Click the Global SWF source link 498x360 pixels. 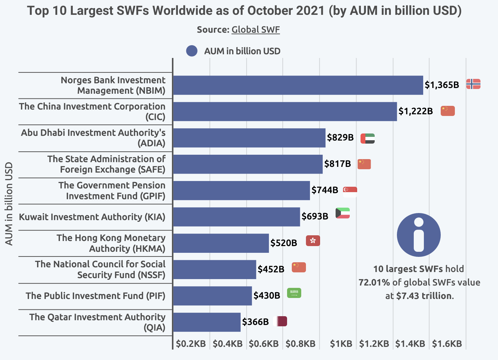pos(255,30)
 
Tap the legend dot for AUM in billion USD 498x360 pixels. pos(192,51)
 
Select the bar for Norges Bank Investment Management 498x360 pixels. pos(298,85)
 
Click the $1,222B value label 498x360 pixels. pos(415,111)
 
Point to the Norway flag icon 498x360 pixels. pos(473,84)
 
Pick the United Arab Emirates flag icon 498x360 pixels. pos(368,139)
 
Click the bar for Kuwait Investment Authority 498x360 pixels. pos(236,217)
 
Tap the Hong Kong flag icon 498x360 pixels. pos(313,241)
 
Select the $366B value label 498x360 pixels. pos(255,322)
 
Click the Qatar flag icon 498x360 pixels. pos(281,321)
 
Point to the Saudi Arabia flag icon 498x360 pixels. pos(294,293)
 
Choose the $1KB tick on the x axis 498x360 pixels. pos(341,344)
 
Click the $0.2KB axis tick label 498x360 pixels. pos(191,344)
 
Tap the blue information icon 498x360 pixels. pos(418,235)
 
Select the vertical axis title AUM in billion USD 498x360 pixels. pos(9,204)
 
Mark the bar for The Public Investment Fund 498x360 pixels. pos(212,296)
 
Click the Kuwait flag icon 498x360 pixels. pos(343,213)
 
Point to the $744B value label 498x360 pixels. pos(324,190)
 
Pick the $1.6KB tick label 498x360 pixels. pos(447,344)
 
